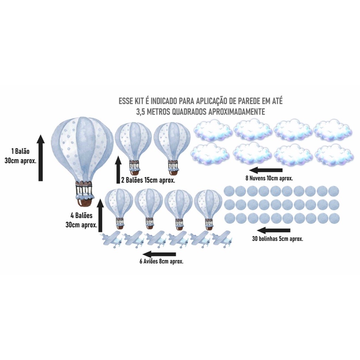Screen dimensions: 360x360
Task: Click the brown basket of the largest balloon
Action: pyautogui.click(x=84, y=201)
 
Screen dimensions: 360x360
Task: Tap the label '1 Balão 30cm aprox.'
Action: pyautogui.click(x=20, y=156)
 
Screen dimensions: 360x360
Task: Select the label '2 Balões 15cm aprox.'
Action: pyautogui.click(x=148, y=180)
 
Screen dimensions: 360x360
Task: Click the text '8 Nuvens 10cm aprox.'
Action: pyautogui.click(x=269, y=178)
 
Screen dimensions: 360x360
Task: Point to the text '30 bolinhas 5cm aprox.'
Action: pyautogui.click(x=277, y=239)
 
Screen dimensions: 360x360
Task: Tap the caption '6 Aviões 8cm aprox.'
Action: pyautogui.click(x=161, y=261)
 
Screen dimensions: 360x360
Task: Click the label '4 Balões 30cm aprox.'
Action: pyautogui.click(x=81, y=220)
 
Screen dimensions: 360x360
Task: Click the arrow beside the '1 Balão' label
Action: pyautogui.click(x=41, y=158)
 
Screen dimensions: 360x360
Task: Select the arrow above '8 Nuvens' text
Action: pyautogui.click(x=266, y=170)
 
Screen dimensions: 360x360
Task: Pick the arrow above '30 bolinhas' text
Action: pyautogui.click(x=274, y=230)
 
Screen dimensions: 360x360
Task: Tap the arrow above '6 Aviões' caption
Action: pyautogui.click(x=159, y=254)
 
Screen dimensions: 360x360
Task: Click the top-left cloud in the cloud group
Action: pyautogui.click(x=212, y=131)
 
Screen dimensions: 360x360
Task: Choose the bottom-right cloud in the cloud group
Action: pyautogui.click(x=334, y=155)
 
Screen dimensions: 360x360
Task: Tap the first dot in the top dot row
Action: pyautogui.click(x=229, y=191)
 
